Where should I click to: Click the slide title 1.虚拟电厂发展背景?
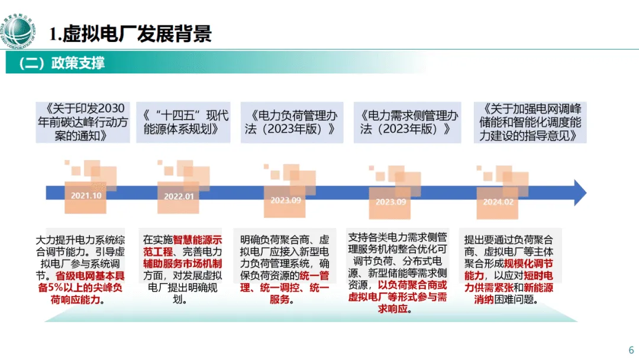(x=130, y=34)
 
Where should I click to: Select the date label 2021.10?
(x=86, y=196)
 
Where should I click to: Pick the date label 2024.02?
(x=498, y=201)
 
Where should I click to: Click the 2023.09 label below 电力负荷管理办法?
(x=286, y=200)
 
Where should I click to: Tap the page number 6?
(x=631, y=348)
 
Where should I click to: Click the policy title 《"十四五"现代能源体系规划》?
(x=186, y=122)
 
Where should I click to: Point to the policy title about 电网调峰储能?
(x=530, y=121)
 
